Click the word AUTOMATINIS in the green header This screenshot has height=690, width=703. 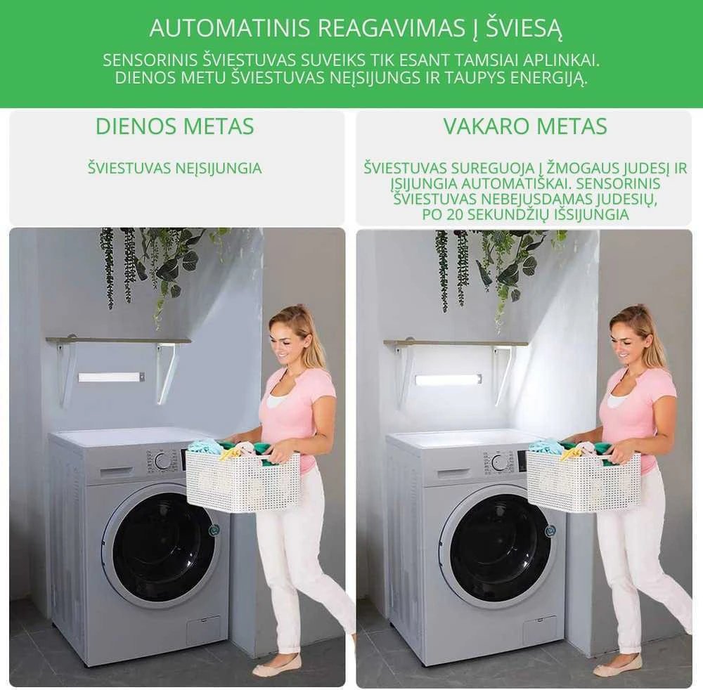pos(230,28)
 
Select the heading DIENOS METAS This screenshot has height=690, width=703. pos(175,126)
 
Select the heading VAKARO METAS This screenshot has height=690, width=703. pos(525,126)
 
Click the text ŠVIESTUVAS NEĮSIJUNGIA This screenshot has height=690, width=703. pos(175,169)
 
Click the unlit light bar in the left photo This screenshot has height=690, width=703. pos(111,377)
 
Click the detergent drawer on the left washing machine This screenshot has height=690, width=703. pos(118,472)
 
